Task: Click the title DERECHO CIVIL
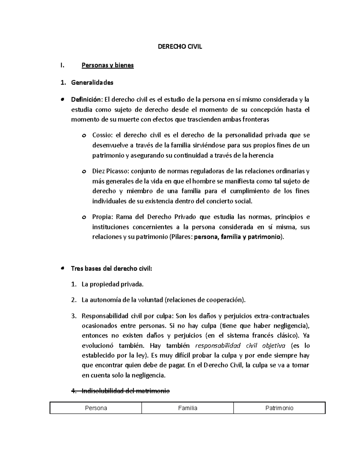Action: click(180, 47)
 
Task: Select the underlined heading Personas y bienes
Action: click(107, 65)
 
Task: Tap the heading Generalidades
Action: click(92, 83)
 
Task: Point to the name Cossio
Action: click(101, 135)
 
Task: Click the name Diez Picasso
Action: click(110, 171)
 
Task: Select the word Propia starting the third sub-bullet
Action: click(102, 217)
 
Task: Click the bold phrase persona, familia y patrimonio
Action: click(238, 237)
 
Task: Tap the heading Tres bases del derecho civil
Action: click(111, 269)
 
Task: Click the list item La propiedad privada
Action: click(112, 284)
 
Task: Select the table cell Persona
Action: click(96, 408)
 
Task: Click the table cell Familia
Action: click(187, 408)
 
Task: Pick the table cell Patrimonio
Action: click(279, 408)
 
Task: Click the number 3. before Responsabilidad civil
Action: click(74, 316)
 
